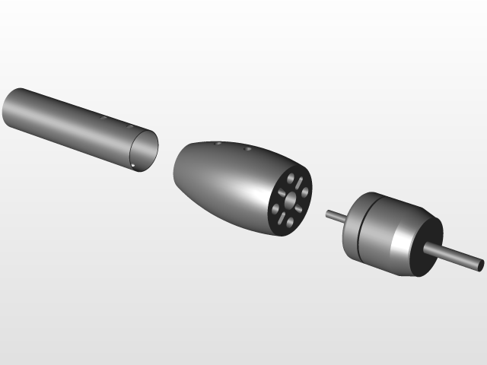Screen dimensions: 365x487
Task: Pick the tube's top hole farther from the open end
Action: (103, 118)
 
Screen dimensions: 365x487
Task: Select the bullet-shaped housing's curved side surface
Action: (221, 182)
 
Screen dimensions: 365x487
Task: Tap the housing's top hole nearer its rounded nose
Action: (218, 143)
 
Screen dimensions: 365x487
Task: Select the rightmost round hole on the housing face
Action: (305, 192)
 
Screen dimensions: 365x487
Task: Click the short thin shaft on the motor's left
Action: (336, 217)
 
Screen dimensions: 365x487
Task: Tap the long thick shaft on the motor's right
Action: (457, 257)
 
